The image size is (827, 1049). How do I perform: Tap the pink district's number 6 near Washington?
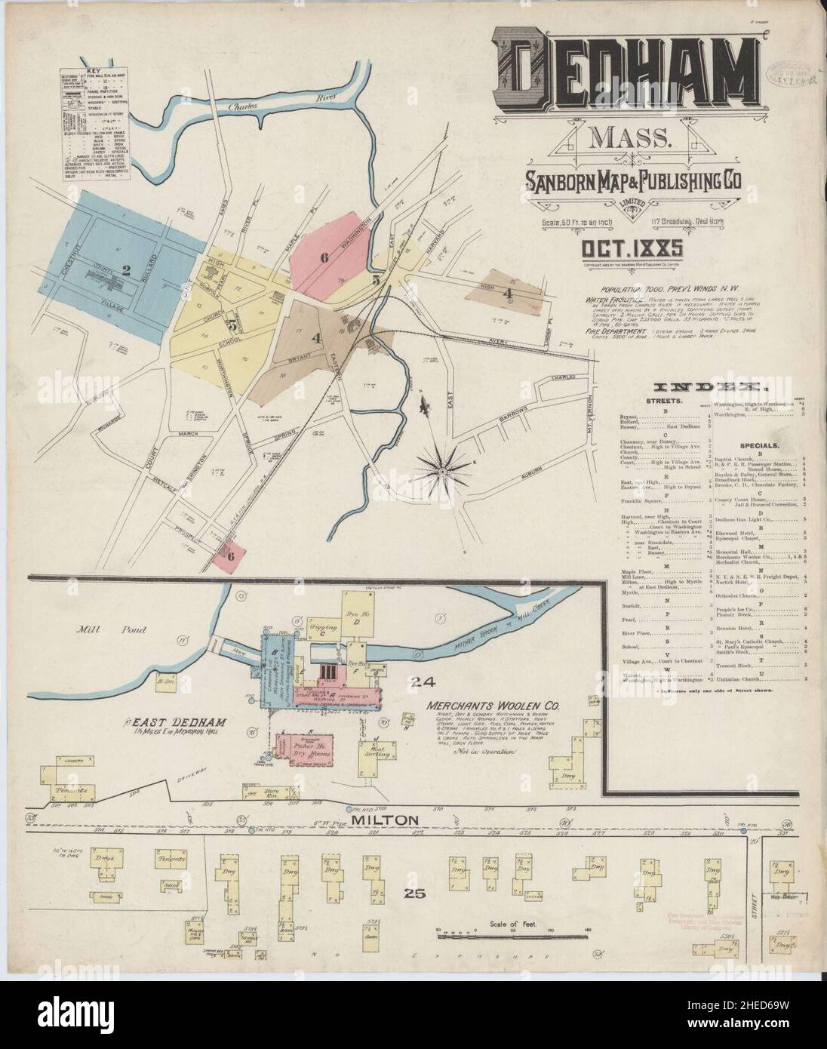click(324, 257)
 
